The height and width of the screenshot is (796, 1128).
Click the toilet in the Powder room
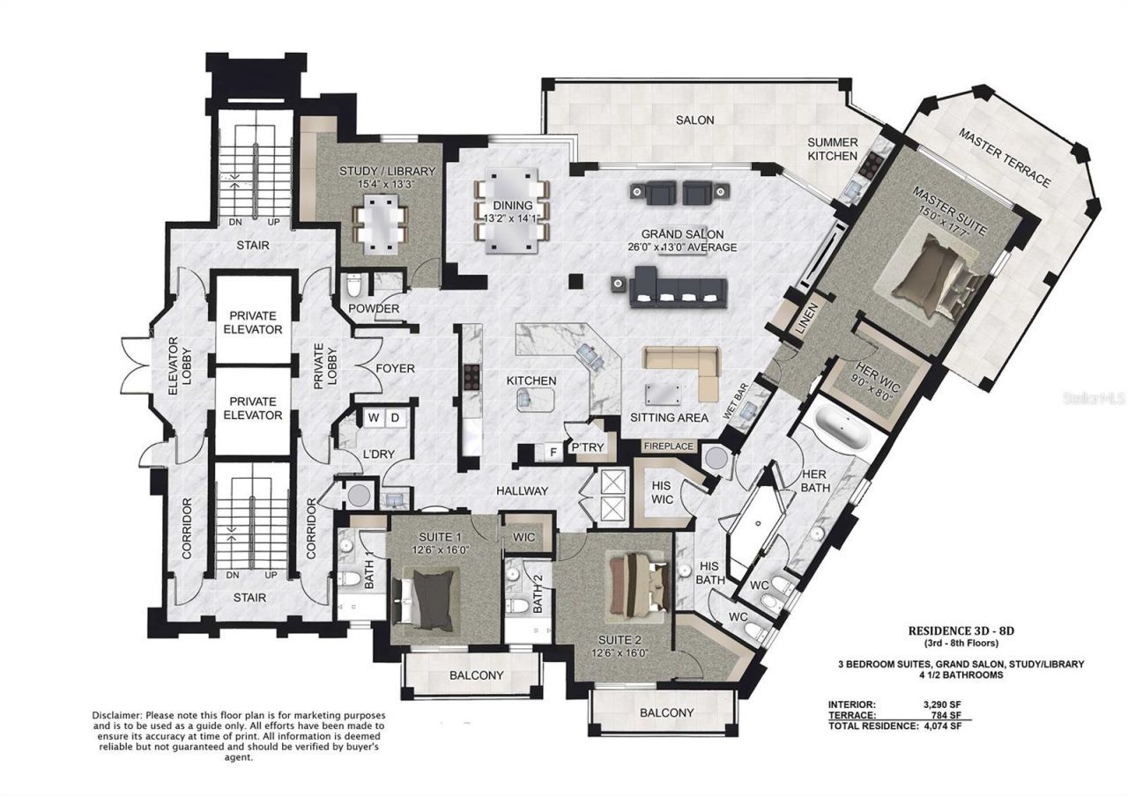click(x=353, y=285)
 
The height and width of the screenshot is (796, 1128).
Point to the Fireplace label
click(x=669, y=446)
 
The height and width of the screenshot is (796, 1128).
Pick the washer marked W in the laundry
click(x=374, y=417)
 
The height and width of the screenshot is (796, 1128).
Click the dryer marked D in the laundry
click(x=395, y=417)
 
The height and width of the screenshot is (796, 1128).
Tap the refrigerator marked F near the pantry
click(x=553, y=453)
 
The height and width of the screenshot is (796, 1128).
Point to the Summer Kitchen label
click(x=832, y=149)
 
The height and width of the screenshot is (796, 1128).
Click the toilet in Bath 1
click(x=352, y=579)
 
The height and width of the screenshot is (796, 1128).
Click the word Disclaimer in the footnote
click(x=120, y=713)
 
